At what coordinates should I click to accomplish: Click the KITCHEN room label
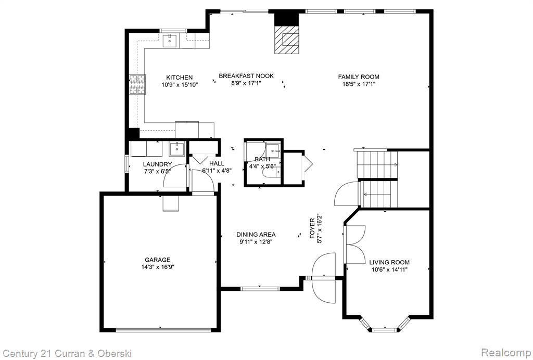179,78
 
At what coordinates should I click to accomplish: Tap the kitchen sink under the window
169,41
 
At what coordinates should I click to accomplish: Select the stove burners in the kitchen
137,85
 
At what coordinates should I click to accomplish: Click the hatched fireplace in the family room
287,40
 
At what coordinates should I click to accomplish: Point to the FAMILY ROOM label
358,77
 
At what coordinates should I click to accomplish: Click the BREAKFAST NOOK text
246,76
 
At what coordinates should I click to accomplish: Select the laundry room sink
176,148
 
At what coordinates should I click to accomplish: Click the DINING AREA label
256,234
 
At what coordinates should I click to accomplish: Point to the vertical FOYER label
312,228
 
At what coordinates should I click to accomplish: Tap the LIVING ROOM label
389,262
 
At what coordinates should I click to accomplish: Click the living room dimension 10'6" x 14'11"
389,269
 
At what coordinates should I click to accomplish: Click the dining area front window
260,289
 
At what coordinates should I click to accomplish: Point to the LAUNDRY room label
157,164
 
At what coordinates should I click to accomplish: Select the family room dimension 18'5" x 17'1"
358,84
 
